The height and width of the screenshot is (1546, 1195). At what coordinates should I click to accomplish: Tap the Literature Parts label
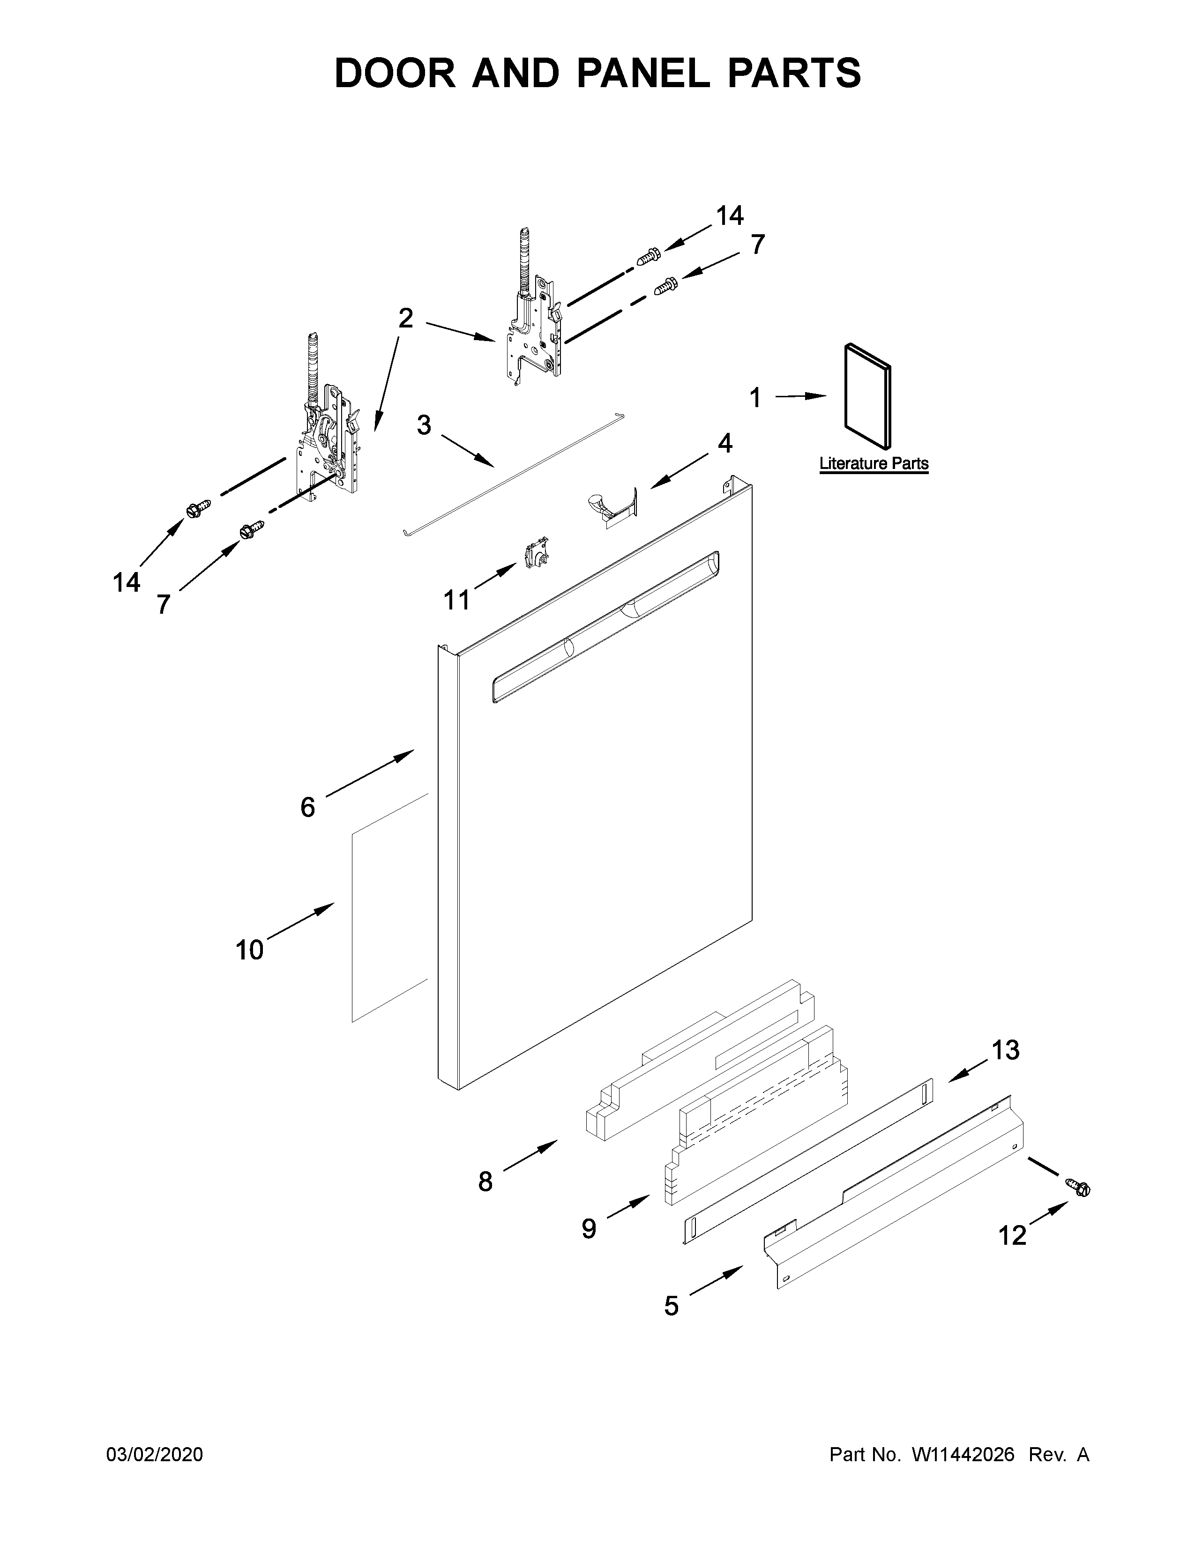tap(874, 464)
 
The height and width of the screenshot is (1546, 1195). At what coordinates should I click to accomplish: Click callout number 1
tap(755, 398)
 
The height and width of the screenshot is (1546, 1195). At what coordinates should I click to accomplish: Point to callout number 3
tap(423, 425)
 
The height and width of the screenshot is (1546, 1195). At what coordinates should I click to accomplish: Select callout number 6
tap(307, 807)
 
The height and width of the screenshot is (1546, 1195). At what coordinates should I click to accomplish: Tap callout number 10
tap(249, 950)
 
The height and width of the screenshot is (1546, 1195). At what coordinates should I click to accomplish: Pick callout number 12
tap(1012, 1235)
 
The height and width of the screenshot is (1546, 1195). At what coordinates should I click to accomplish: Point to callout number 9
tap(589, 1229)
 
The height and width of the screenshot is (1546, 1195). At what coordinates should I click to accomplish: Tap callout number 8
tap(485, 1182)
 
